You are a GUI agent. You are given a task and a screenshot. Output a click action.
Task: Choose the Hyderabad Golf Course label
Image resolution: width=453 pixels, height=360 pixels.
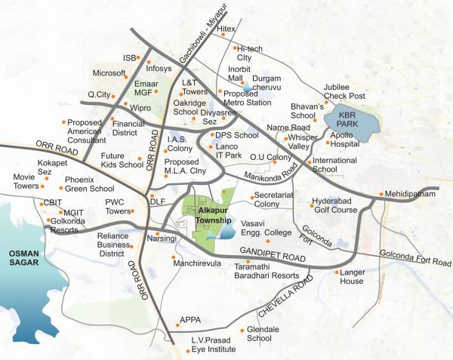tap(334, 206)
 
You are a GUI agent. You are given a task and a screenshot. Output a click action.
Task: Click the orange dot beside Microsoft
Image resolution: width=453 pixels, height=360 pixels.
tap(128, 73)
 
